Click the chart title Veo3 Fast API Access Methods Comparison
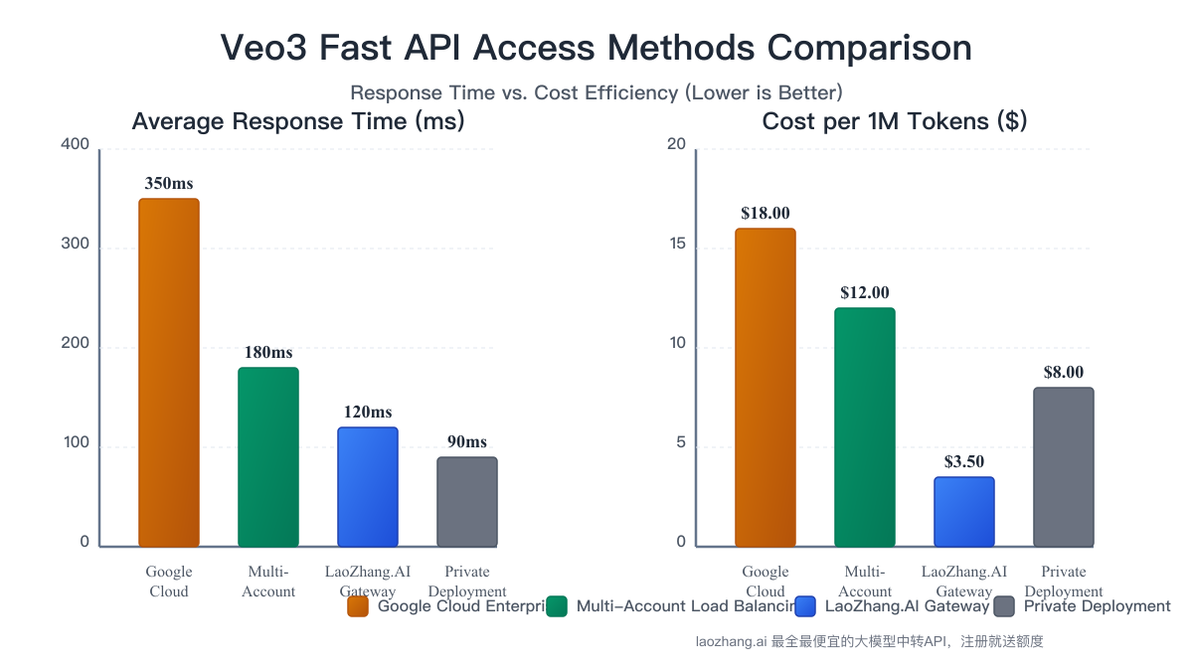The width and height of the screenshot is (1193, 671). point(596,48)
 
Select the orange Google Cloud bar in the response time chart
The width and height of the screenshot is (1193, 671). point(169,373)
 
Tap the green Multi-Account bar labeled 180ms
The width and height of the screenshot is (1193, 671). point(268,457)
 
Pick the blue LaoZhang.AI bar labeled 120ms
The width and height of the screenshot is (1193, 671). point(368,487)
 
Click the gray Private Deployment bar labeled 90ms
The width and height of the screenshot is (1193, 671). point(467,502)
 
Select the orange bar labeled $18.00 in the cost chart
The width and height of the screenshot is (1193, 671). point(766,388)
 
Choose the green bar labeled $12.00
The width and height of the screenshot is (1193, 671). point(865,427)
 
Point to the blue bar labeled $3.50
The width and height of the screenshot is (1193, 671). point(964,512)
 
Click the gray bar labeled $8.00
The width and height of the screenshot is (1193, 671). point(1064,467)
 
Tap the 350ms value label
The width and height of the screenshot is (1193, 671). point(169,184)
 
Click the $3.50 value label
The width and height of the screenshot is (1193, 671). point(964,462)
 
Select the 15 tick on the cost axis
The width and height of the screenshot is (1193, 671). point(676,245)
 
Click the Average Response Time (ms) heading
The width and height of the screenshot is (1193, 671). point(298,121)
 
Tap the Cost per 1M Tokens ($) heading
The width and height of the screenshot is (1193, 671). point(895,121)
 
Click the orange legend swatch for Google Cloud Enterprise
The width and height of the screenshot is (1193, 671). point(358,606)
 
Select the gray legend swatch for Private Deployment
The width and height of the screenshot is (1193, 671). point(1004,606)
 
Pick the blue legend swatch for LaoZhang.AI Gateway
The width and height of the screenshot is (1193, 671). point(806,606)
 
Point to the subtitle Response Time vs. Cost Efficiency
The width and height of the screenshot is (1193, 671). point(596,92)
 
